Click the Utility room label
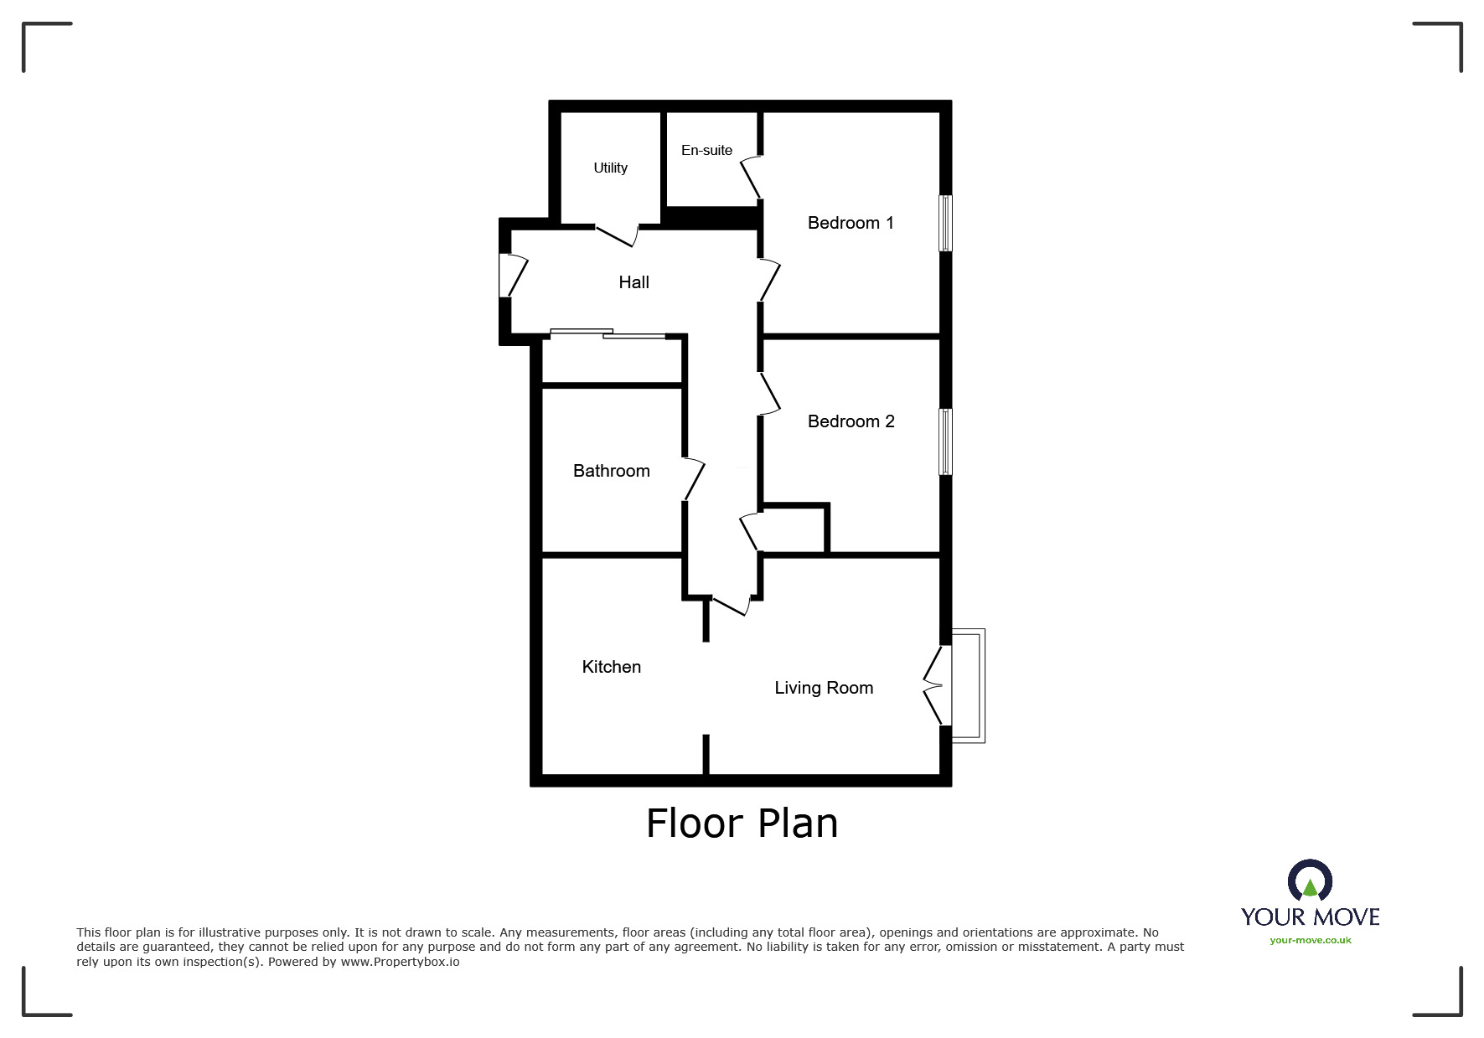coord(610,168)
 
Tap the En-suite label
coord(706,150)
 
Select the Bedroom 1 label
coord(851,223)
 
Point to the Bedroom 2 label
coord(851,421)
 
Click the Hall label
coord(633,282)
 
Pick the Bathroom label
coord(611,471)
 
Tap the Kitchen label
coord(611,667)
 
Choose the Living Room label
coord(824,688)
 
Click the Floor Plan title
coord(742,824)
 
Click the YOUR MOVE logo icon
coord(1309,882)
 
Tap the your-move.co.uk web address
coord(1310,940)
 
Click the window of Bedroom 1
coord(945,223)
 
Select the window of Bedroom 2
coord(945,442)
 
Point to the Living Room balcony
coord(969,685)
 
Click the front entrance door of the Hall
coord(512,276)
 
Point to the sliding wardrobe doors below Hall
coord(608,333)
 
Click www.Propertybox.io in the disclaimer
coord(400,962)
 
